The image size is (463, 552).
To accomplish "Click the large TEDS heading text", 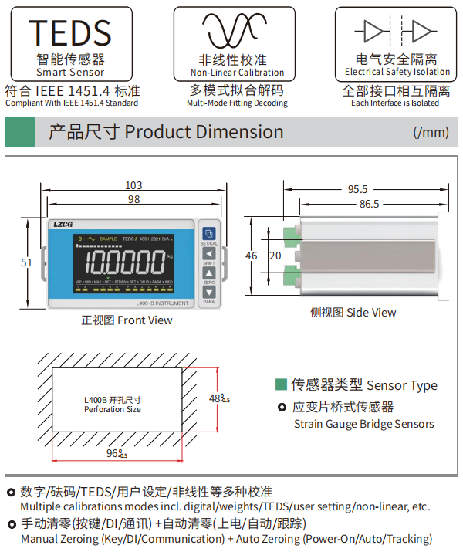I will click(x=70, y=32).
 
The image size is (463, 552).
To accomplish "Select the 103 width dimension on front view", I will click(x=133, y=185).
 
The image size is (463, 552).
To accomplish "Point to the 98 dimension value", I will click(x=133, y=199).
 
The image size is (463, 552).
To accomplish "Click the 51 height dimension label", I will click(x=27, y=262).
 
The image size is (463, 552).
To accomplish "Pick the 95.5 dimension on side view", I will click(x=357, y=189).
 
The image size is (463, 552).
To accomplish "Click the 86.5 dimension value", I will click(x=369, y=204).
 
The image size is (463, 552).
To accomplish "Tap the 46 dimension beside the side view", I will click(x=252, y=256).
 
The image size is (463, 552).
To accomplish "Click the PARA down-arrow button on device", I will click(x=208, y=293).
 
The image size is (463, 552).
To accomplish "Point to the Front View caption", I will click(x=127, y=320).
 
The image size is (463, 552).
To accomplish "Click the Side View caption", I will click(x=353, y=312).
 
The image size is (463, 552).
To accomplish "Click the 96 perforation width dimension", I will click(x=116, y=453).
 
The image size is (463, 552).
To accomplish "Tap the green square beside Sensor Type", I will click(x=281, y=384).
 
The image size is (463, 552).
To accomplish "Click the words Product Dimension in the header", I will click(x=204, y=132).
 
